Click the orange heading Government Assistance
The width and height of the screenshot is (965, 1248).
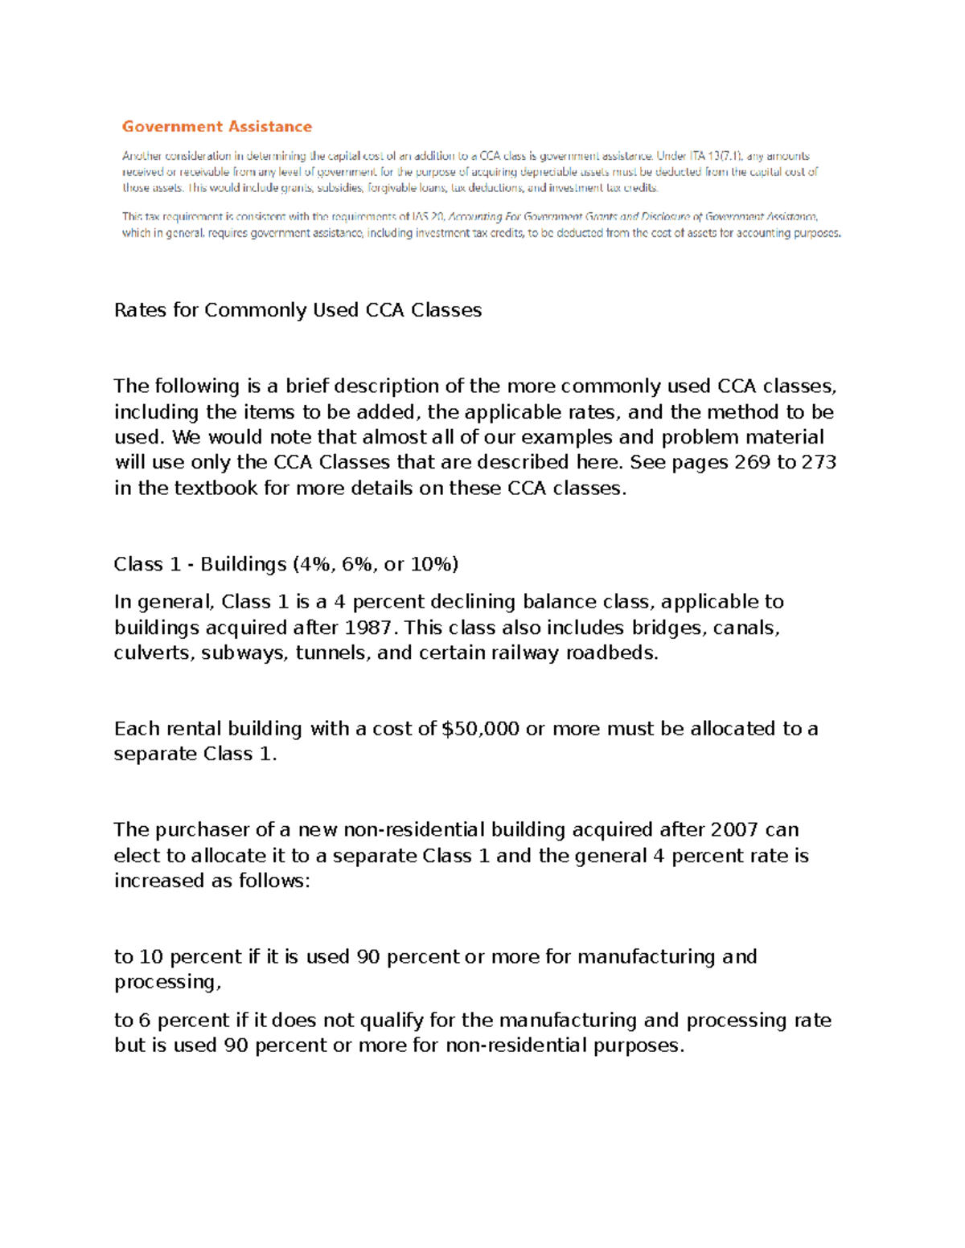(216, 126)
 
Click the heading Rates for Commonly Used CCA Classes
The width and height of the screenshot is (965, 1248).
(298, 310)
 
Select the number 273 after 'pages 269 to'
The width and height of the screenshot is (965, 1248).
(819, 462)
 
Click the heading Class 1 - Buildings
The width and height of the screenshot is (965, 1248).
(285, 564)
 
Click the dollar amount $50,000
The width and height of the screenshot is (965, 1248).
(480, 729)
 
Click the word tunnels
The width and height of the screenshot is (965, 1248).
(332, 653)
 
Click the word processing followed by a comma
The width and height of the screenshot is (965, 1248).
(166, 982)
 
